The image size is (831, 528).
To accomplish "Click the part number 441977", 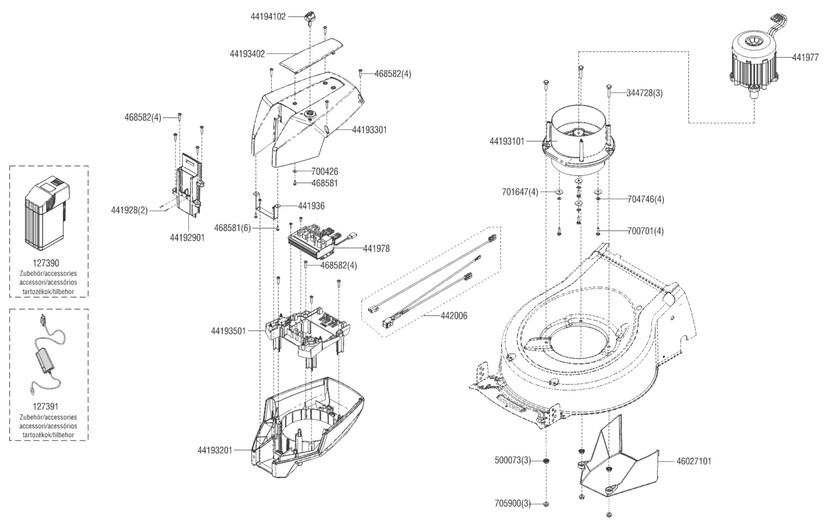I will [x=805, y=58].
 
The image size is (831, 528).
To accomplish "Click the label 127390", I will [x=46, y=263].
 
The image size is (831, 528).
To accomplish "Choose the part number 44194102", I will [x=268, y=17].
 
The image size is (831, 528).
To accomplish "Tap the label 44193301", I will [x=369, y=130].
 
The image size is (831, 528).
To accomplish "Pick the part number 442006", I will [x=454, y=316].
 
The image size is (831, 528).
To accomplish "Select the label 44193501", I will [x=228, y=331].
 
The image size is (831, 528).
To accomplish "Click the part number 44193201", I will [x=215, y=450].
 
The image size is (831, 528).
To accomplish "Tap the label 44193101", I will [x=507, y=141].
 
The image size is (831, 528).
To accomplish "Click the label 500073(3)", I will [x=513, y=461].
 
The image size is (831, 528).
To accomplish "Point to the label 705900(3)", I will [x=513, y=504].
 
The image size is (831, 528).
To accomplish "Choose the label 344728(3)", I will [x=644, y=93].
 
